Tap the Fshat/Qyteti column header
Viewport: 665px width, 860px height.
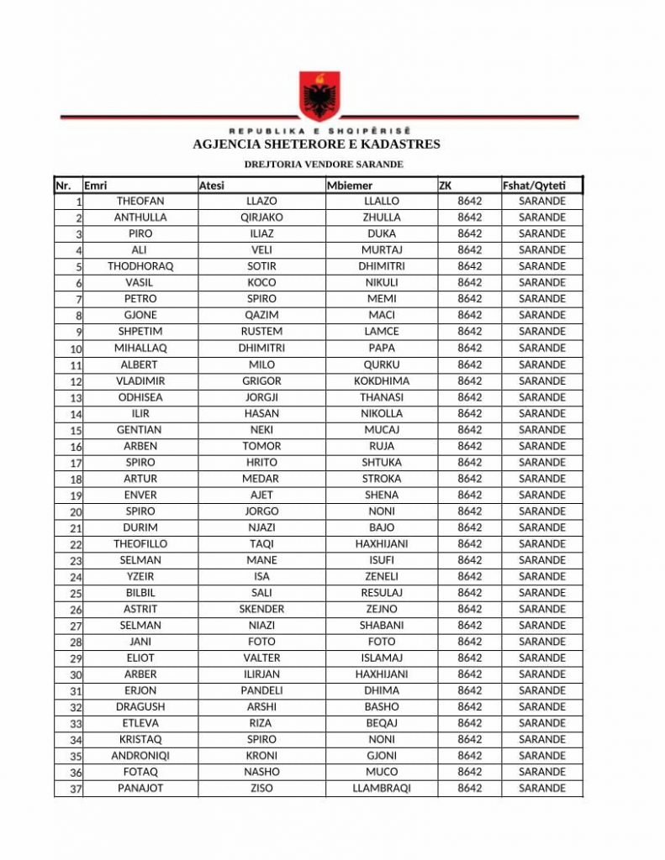(x=534, y=186)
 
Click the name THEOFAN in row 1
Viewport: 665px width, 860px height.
(x=140, y=202)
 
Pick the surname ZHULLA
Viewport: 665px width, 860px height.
(x=382, y=218)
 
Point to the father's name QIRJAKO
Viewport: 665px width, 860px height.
(x=261, y=218)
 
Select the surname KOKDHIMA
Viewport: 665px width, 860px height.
(x=382, y=380)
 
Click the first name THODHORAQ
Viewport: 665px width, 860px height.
(x=140, y=266)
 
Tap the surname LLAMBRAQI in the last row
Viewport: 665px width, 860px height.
(x=382, y=789)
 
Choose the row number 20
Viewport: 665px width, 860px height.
(x=76, y=512)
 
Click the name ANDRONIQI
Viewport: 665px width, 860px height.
(x=140, y=756)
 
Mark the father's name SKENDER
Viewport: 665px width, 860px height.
(x=261, y=609)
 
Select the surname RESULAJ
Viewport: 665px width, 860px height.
(x=382, y=593)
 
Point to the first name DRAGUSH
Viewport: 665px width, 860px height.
(x=140, y=707)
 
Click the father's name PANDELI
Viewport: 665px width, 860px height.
(x=261, y=690)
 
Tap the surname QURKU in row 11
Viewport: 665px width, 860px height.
(x=382, y=364)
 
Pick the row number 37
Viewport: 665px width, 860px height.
(x=76, y=789)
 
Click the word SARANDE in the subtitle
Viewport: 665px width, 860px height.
(x=377, y=164)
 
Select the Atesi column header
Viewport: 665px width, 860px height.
(x=211, y=186)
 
